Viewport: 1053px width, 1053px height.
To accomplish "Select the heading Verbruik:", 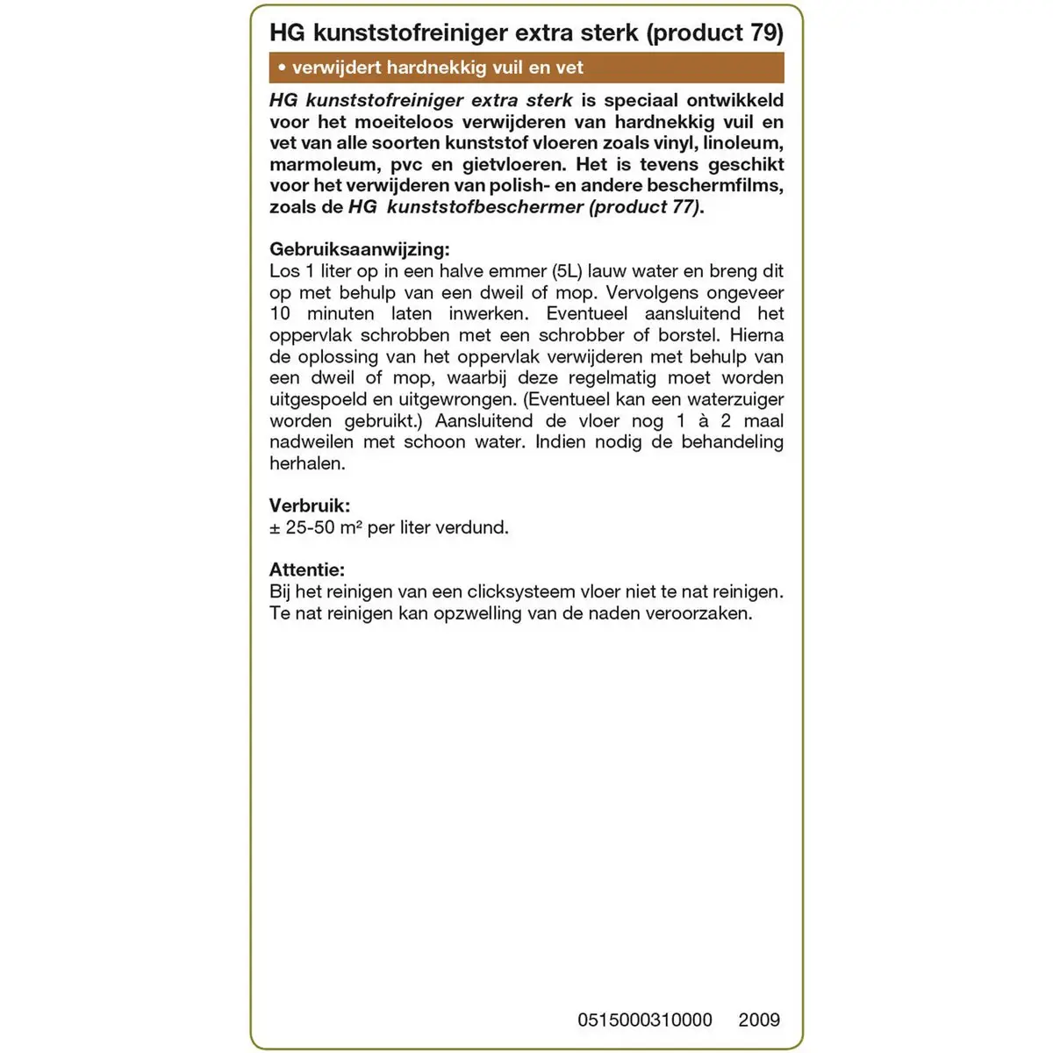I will point(309,505).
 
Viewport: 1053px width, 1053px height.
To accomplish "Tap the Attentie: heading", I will point(307,569).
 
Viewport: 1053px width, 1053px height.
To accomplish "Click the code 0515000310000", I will point(645,1020).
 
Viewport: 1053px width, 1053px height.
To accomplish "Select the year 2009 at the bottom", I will point(759,1020).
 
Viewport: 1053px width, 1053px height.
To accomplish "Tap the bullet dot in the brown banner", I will point(281,68).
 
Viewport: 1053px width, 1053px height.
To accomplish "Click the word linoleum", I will point(746,143).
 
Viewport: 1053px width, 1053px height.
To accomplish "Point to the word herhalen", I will point(307,463).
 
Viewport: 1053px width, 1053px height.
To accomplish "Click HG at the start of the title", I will point(286,32).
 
